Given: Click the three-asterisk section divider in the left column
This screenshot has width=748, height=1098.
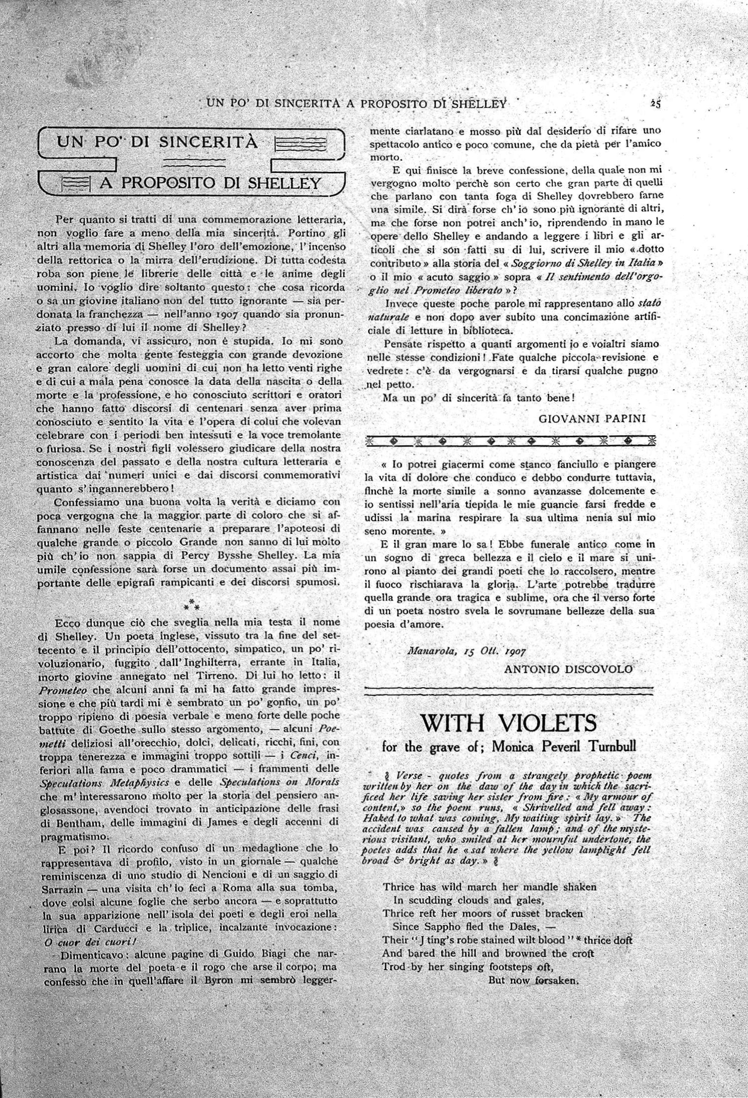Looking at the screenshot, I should click(x=191, y=603).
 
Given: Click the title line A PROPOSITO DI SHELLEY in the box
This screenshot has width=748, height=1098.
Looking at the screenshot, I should click(x=210, y=183).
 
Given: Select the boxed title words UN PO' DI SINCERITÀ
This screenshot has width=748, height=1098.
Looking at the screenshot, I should click(x=157, y=142).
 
